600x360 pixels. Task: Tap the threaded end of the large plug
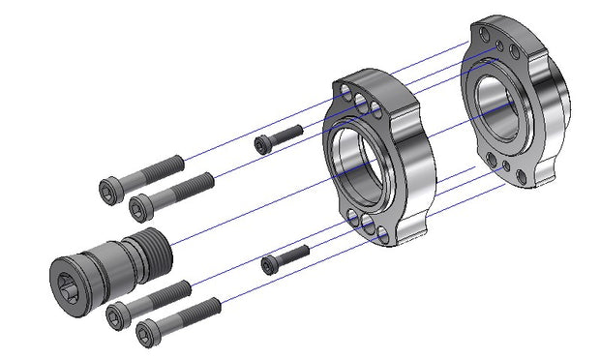coord(154,254)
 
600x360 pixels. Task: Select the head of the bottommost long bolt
coord(146,333)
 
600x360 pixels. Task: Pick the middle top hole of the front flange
coord(361,101)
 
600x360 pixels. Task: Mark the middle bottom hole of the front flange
coord(370,229)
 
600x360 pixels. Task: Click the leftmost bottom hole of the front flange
coord(355,221)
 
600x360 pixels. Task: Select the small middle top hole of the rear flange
coord(498,45)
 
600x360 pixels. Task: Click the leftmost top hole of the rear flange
coord(483,36)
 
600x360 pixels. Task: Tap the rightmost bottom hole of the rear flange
coord(523,177)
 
